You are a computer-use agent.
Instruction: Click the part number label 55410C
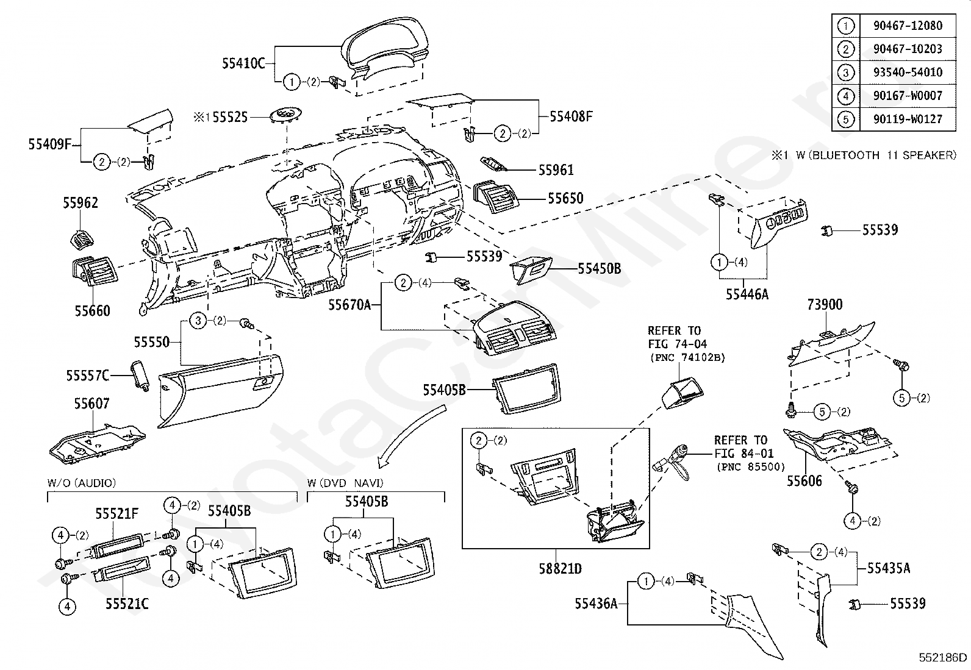pyautogui.click(x=243, y=63)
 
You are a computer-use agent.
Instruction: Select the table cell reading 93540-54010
pyautogui.click(x=908, y=72)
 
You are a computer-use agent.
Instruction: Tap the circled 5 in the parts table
pyautogui.click(x=845, y=119)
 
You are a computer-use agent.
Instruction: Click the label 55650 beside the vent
pyautogui.click(x=565, y=199)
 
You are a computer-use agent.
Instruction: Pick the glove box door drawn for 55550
pyautogui.click(x=220, y=390)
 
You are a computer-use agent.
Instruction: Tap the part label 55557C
pyautogui.click(x=88, y=376)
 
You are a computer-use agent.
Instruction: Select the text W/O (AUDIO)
pyautogui.click(x=82, y=483)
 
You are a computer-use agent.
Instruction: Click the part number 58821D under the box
pyautogui.click(x=560, y=569)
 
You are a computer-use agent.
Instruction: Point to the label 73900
pyautogui.click(x=825, y=305)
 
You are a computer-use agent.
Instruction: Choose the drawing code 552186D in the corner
pyautogui.click(x=943, y=657)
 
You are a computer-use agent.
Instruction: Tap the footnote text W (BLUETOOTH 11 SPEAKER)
pyautogui.click(x=876, y=155)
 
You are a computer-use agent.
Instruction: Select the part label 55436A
pyautogui.click(x=596, y=604)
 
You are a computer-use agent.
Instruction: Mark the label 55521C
pyautogui.click(x=127, y=604)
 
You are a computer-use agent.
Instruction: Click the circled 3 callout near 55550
pyautogui.click(x=198, y=321)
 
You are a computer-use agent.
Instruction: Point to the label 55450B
pyautogui.click(x=600, y=269)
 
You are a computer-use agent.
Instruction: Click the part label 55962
pyautogui.click(x=81, y=203)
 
